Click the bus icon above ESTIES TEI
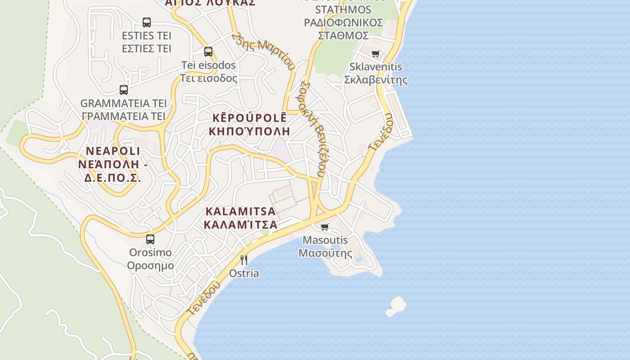(x=147, y=22)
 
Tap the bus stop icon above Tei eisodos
(x=208, y=51)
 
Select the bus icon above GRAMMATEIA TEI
(x=124, y=90)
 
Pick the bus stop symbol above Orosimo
(x=150, y=239)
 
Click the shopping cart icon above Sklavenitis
(x=376, y=54)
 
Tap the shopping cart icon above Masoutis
(x=325, y=227)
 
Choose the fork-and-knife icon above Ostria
(x=244, y=260)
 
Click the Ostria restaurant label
(x=244, y=273)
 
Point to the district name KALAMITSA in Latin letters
(x=240, y=211)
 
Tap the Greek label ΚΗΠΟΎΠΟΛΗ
(x=250, y=131)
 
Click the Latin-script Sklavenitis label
(x=376, y=67)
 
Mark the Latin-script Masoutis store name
(x=325, y=240)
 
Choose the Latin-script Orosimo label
(x=150, y=252)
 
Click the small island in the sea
(x=396, y=306)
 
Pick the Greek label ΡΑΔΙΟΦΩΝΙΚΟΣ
(x=343, y=22)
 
